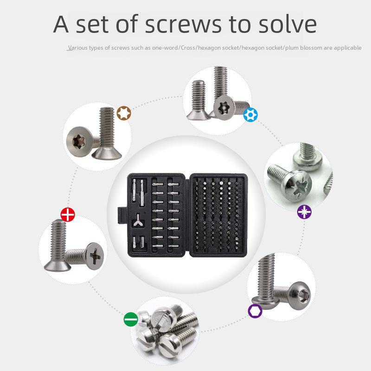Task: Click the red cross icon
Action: tap(68, 214)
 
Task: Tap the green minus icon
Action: tap(131, 319)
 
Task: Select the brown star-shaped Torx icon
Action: tap(124, 113)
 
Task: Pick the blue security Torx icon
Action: tap(250, 115)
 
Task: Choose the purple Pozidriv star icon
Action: tap(304, 211)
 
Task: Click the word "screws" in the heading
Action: tap(183, 25)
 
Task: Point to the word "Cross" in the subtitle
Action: tap(188, 48)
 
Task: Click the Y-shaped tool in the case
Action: tap(138, 220)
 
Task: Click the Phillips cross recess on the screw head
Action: tap(95, 256)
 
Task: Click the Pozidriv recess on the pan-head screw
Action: tap(297, 186)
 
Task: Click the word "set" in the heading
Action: tap(92, 25)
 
